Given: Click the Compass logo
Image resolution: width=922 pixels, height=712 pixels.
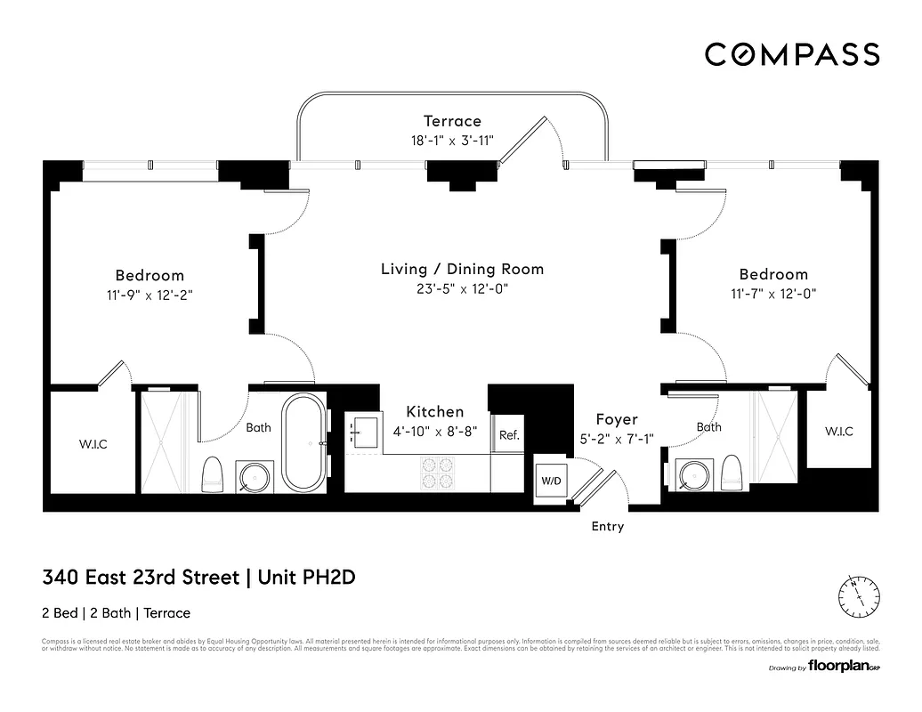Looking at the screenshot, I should click(792, 54).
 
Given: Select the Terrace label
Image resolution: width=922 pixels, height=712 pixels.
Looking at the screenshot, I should click(452, 121).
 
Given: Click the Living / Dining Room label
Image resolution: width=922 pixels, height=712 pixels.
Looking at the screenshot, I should click(462, 269).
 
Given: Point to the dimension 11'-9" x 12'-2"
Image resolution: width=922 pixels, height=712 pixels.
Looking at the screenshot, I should click(150, 294).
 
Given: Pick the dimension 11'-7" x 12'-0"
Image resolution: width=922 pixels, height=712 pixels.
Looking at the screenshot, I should click(772, 293).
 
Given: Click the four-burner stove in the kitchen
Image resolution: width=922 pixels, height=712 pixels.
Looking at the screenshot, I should click(436, 473).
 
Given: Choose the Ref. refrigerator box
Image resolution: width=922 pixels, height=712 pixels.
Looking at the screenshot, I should click(508, 435).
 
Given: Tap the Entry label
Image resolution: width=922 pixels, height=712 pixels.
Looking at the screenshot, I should click(608, 527).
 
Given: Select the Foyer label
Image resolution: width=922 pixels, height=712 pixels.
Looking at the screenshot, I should click(617, 419).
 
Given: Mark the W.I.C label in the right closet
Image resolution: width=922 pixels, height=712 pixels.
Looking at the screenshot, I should click(838, 432).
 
